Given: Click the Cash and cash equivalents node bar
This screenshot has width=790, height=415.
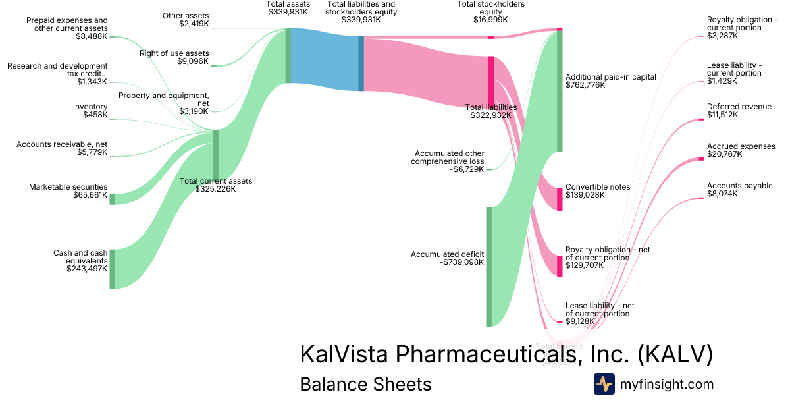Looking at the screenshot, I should pos(112,269).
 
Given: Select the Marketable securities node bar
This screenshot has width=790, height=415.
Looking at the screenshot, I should pos(112,199).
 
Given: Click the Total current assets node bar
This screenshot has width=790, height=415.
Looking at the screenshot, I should pos(216,155).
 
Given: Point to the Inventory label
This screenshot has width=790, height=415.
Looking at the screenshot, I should pos(90,107).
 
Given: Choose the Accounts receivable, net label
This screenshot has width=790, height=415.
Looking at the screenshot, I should pos(62,144).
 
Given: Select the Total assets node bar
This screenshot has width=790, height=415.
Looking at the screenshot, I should pos(288,56).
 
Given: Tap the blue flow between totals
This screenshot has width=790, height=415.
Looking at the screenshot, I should pos(324,61).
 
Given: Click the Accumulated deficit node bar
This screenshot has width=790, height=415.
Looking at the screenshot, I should pos(488,267).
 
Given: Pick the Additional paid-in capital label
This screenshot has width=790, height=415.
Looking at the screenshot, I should pos(611,77).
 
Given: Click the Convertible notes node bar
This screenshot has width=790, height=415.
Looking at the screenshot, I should pos(560,199).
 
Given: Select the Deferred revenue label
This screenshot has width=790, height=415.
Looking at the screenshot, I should pos(739,107).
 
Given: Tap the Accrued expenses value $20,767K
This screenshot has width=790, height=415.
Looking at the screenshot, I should pos(724,154).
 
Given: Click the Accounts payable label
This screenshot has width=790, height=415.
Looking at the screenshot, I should pos(740,186).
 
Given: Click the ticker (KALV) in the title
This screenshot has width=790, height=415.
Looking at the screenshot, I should pos(675,354).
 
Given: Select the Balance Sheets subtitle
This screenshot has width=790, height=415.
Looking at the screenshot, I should pos(365,384).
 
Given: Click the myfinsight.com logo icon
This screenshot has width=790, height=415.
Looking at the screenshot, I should pos(604,384).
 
